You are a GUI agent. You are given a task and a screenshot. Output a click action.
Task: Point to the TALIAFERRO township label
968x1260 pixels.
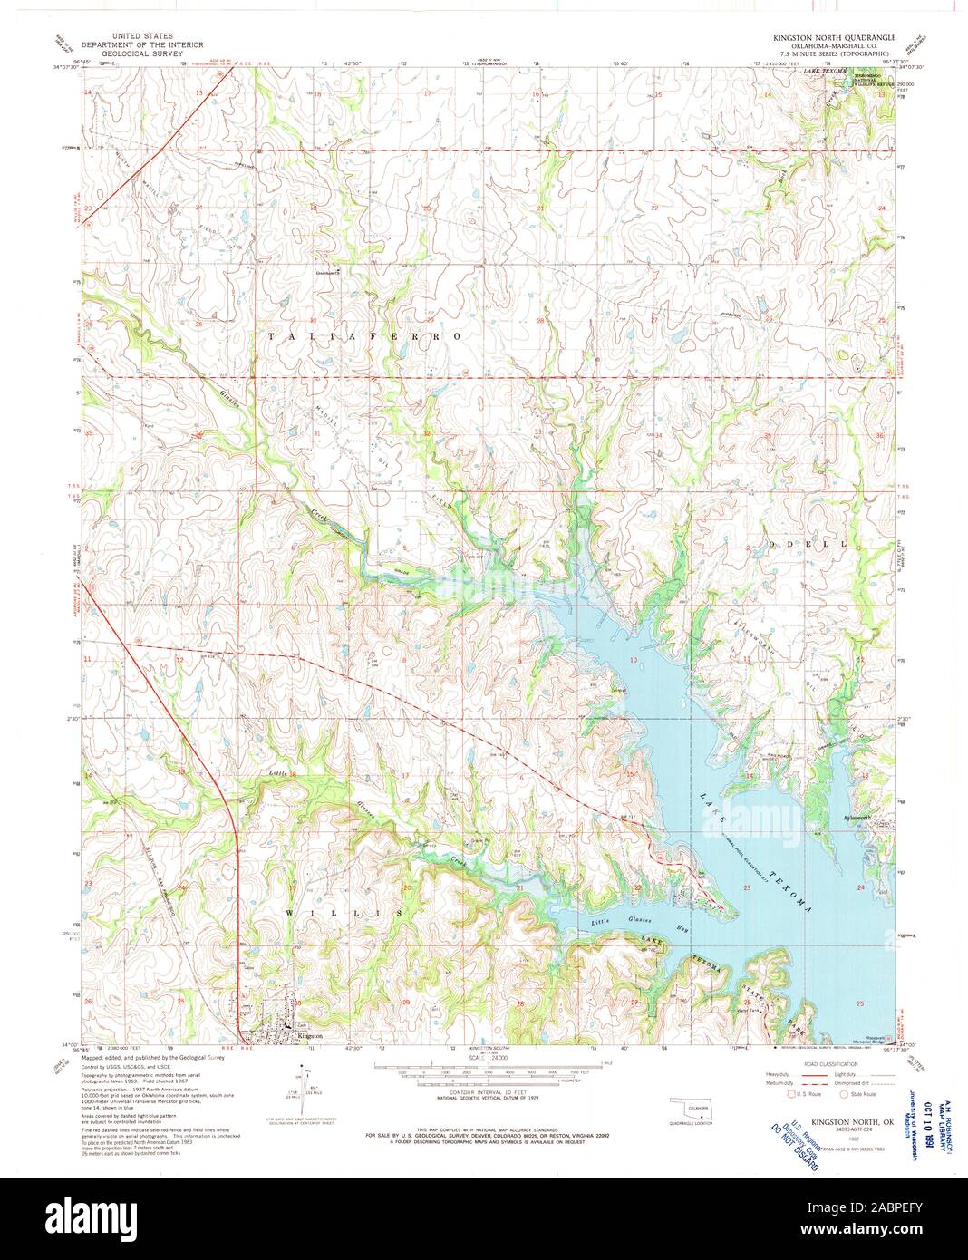click(x=364, y=336)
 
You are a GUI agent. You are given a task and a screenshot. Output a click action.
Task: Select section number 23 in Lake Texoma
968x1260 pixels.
click(x=747, y=889)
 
